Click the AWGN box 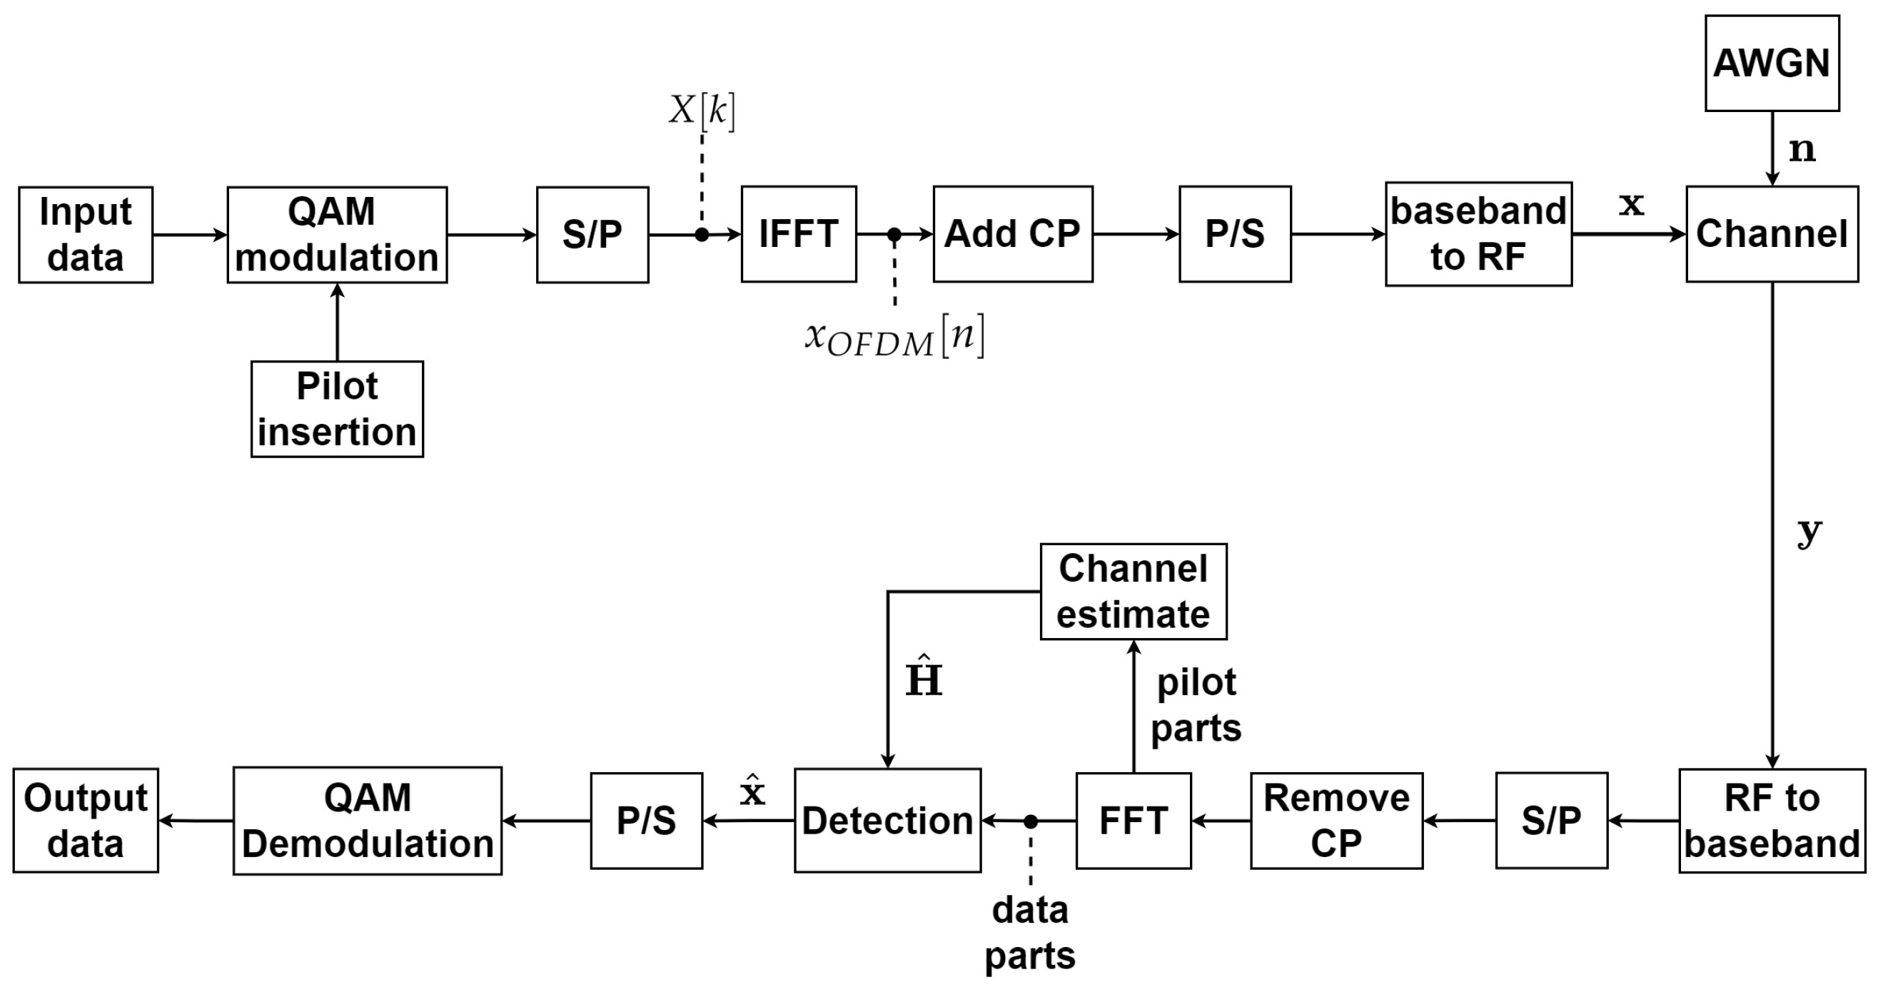1772,64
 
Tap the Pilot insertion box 337,409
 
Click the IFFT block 798,234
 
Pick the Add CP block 1013,234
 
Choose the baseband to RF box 1478,234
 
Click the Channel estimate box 1133,591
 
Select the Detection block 887,821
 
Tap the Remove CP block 1336,821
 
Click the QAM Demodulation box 368,821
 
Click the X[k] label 702,111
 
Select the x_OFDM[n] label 894,337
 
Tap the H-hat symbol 924,677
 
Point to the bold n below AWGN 1802,149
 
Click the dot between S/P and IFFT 702,235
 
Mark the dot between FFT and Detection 1030,821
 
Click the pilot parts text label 1196,705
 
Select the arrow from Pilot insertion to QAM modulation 337,322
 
